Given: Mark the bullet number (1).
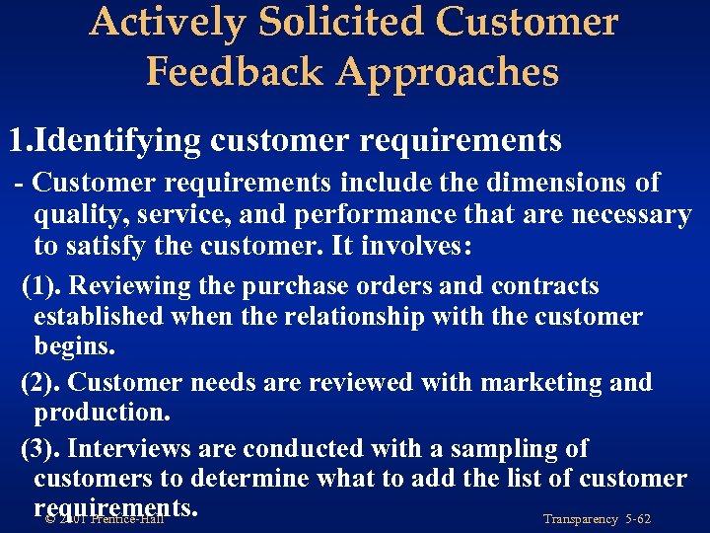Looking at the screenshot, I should tap(42, 286).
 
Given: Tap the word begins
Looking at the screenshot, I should tap(74, 347).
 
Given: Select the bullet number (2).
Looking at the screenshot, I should tap(42, 382).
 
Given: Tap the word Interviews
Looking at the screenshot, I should tap(130, 449).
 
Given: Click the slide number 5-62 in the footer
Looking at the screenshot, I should tap(633, 519).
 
